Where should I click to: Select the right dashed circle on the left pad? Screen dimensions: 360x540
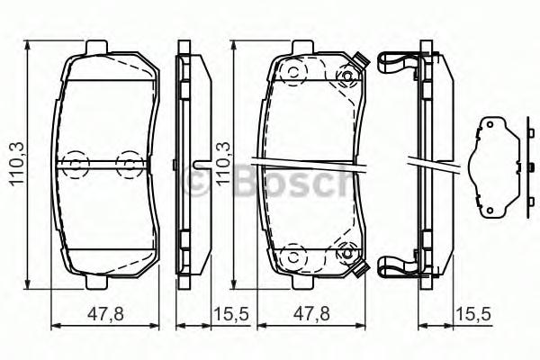coord(130,163)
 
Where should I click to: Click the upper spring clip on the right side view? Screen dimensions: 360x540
coord(397,64)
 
